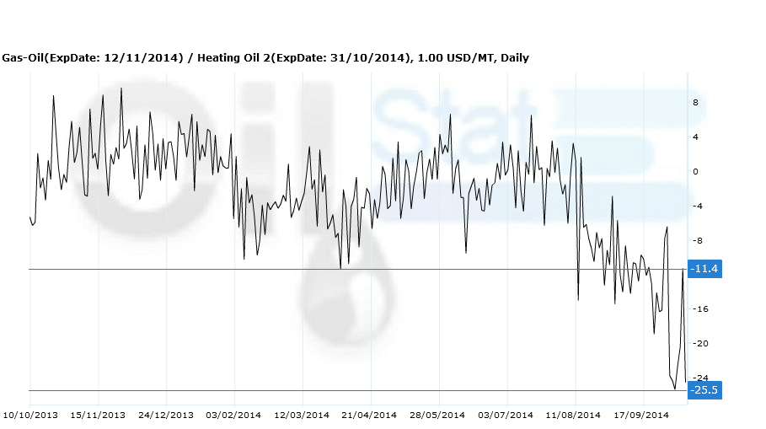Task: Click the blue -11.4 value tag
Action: coord(704,269)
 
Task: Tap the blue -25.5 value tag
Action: coord(704,390)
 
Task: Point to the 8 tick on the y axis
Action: coord(695,103)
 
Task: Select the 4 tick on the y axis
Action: coord(695,137)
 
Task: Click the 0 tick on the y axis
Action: coord(695,172)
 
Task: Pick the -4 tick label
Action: coord(698,206)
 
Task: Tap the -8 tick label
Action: coord(698,241)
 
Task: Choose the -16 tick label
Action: coord(700,309)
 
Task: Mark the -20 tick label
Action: coord(700,344)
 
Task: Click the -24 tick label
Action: coord(700,378)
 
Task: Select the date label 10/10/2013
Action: coord(31,415)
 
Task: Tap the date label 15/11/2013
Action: coord(98,415)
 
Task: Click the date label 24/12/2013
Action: coord(166,415)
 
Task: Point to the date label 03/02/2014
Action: coord(233,415)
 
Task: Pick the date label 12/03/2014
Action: coord(302,415)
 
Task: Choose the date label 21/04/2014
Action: coord(369,415)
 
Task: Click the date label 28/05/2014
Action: coord(437,415)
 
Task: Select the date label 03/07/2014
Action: coord(506,415)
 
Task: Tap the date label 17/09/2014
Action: coord(641,415)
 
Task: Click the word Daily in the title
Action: coord(514,58)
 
